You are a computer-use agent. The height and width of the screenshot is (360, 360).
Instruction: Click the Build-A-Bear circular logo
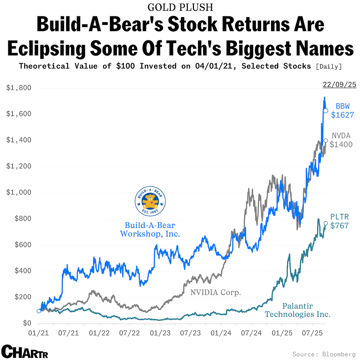[150, 201]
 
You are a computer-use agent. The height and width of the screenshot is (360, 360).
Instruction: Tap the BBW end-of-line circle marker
[325, 111]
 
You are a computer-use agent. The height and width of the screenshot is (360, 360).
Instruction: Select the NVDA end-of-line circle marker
[326, 140]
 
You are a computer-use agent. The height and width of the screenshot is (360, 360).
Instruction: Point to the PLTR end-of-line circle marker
[325, 223]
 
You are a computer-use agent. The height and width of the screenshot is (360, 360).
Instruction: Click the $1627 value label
[342, 115]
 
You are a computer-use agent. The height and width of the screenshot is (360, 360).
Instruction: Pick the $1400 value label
[341, 145]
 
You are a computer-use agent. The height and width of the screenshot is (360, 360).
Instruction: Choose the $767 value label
[340, 226]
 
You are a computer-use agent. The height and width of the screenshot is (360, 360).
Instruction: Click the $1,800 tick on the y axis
[19, 88]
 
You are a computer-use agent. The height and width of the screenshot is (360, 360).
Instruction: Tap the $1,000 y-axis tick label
[19, 193]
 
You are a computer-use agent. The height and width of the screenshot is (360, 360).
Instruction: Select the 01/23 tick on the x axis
[160, 333]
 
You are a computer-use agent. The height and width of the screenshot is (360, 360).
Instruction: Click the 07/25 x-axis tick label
[312, 333]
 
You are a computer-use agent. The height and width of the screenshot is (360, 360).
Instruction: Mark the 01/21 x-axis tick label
[38, 333]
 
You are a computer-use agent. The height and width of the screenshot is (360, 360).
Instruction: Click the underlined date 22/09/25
[340, 85]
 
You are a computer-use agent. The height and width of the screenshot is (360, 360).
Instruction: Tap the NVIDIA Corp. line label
[216, 292]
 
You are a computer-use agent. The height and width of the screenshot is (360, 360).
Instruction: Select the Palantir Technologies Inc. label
[297, 310]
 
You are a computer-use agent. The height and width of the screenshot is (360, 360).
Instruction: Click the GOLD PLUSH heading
[180, 7]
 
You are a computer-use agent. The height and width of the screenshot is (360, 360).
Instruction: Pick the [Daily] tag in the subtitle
[329, 66]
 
